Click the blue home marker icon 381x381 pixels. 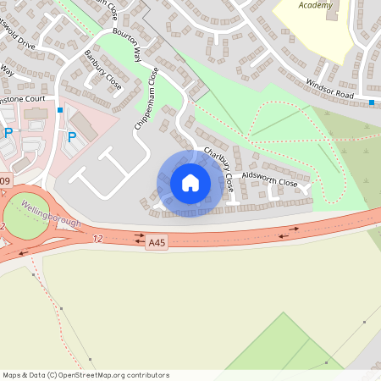point(190,183)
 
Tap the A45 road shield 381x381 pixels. point(156,241)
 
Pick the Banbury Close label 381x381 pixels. point(102,70)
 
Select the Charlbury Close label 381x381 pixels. point(217,170)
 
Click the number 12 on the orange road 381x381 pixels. point(97,240)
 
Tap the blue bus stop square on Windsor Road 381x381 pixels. point(372,102)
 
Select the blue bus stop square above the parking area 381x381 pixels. point(59,110)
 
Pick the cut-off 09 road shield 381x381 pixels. point(5,182)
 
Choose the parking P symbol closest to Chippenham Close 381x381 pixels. point(71,136)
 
